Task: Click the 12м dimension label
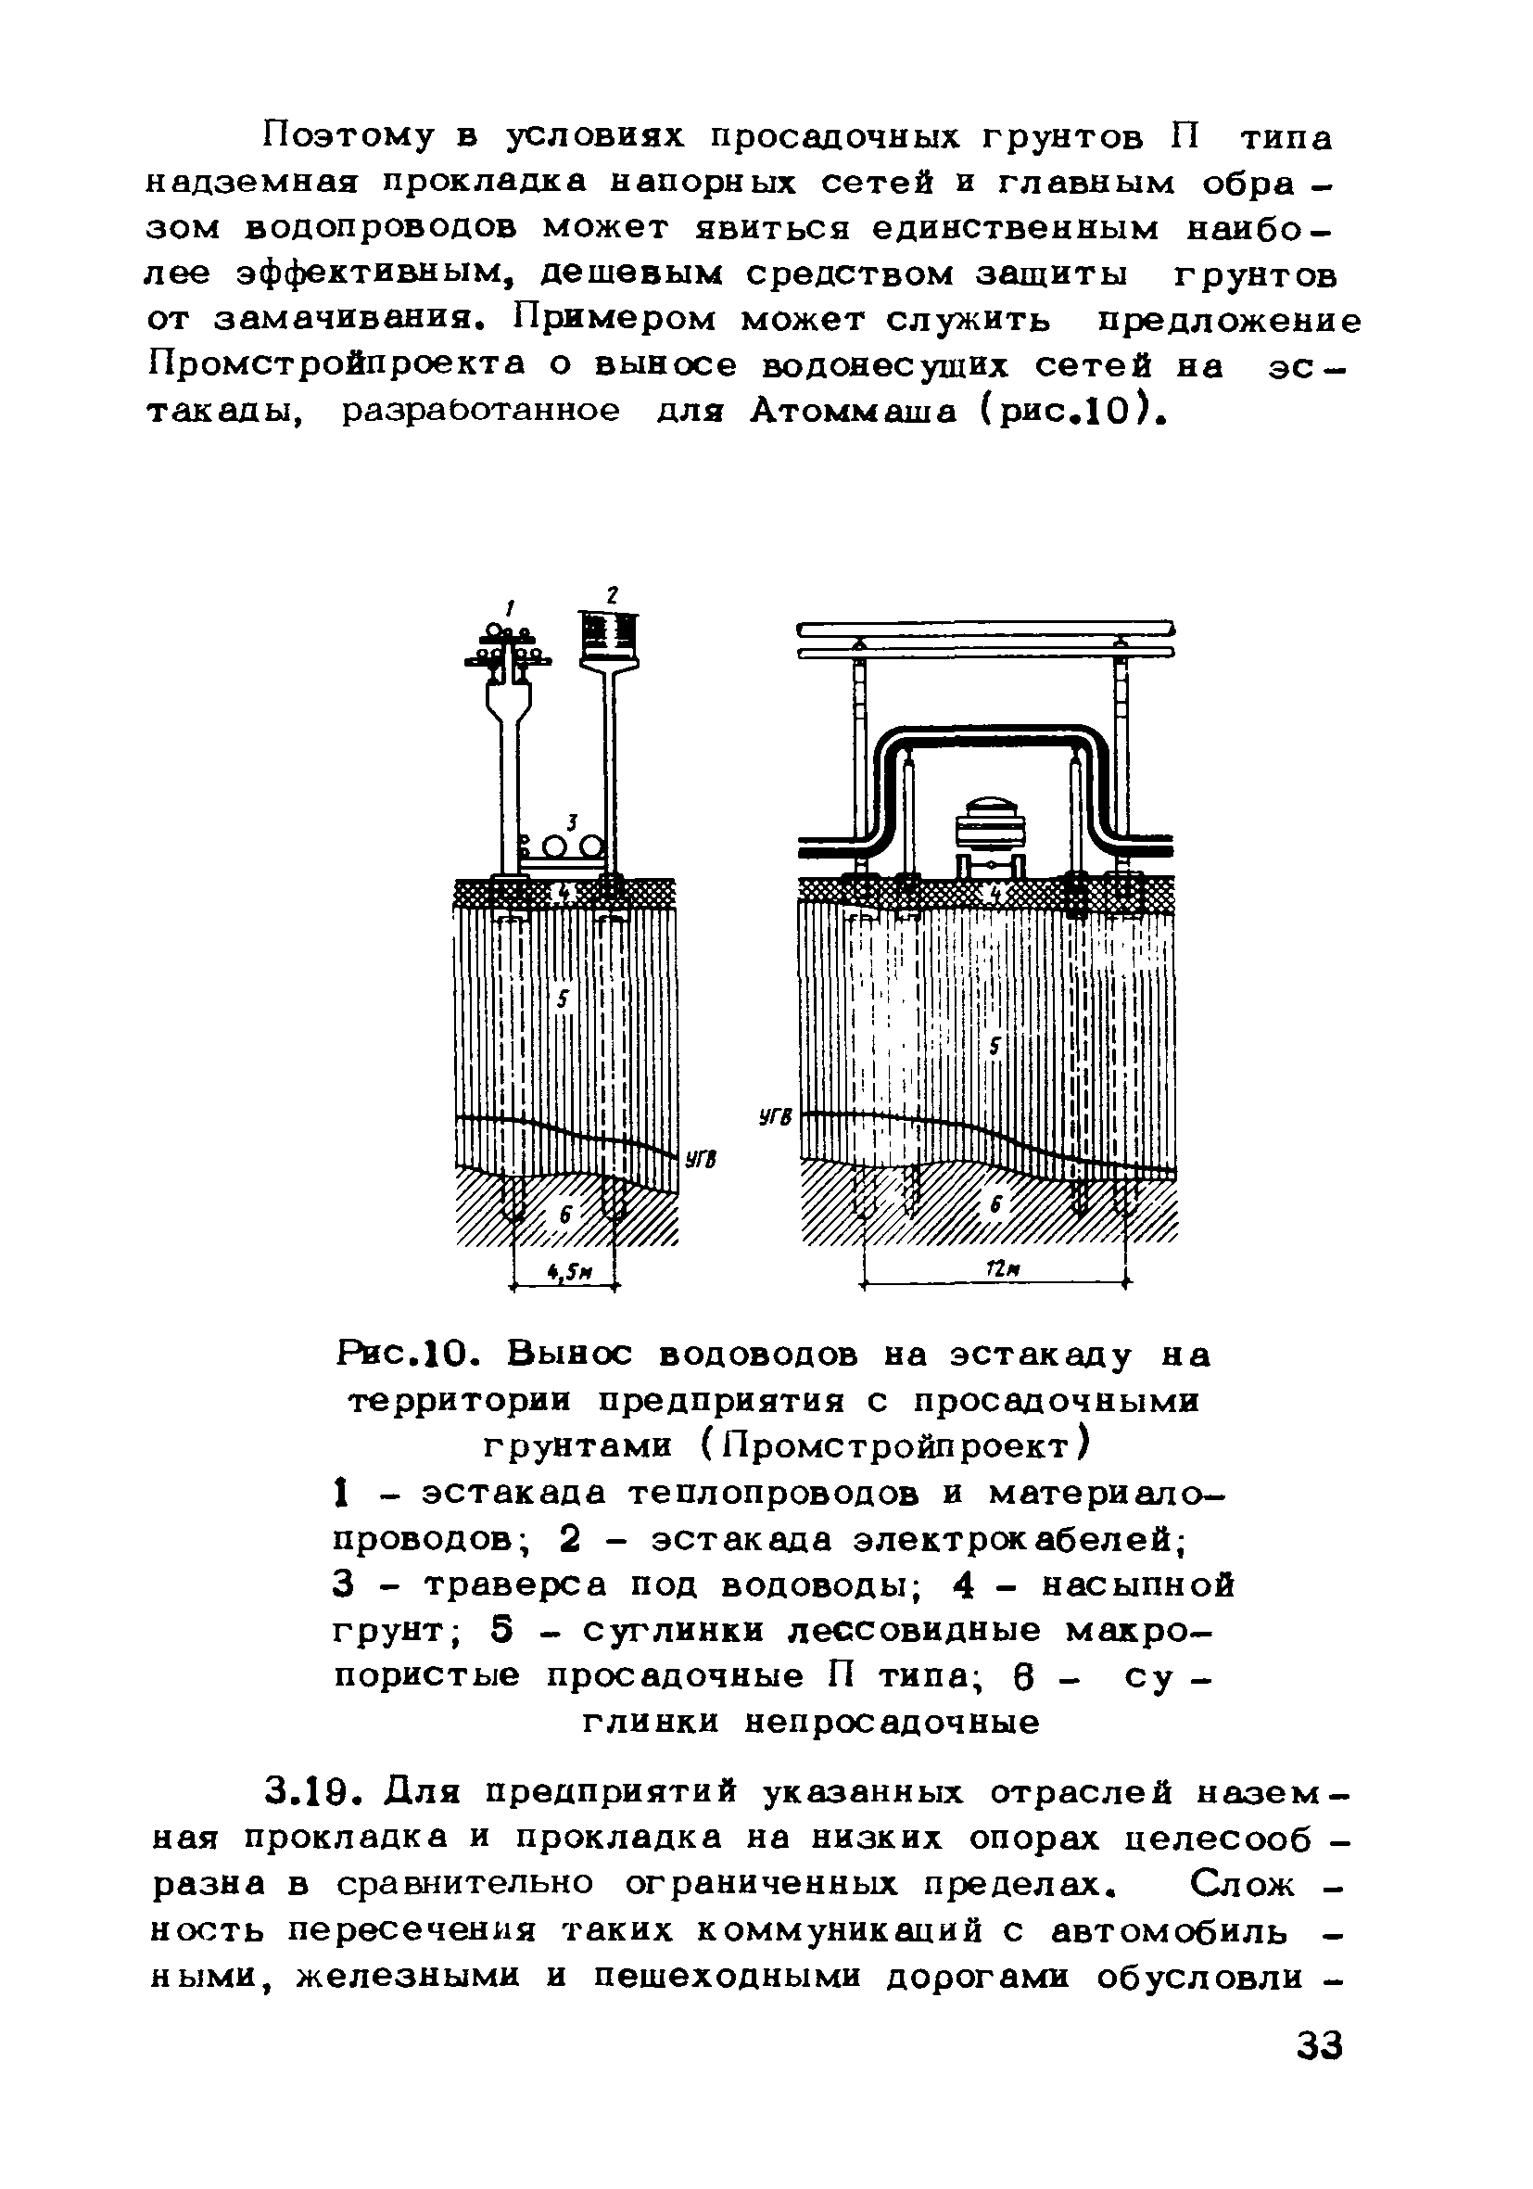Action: point(996,1269)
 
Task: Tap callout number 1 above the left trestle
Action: point(511,606)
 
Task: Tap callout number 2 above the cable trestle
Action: point(613,595)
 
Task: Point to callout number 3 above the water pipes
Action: point(572,821)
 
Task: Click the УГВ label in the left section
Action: point(700,1160)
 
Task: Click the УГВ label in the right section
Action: point(775,1116)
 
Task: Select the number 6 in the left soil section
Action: point(565,1215)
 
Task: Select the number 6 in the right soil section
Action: point(996,1206)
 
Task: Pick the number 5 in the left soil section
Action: point(563,999)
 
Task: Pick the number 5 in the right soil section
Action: point(995,1047)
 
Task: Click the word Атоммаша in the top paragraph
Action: point(855,411)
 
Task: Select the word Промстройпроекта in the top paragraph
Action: point(336,365)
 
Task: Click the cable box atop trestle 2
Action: point(610,634)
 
